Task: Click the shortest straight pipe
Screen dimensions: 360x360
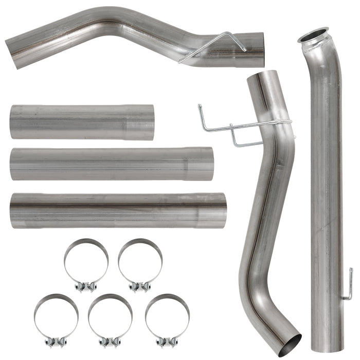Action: point(82,122)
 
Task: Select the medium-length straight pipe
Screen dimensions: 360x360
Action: point(111,164)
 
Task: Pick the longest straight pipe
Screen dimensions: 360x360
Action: point(118,210)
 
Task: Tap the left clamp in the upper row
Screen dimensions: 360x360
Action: point(86,262)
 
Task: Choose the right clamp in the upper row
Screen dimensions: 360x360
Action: point(140,262)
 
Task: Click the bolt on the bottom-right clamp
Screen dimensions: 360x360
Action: point(167,341)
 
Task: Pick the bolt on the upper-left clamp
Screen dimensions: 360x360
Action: point(86,285)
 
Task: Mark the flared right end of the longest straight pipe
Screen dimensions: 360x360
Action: point(220,210)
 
